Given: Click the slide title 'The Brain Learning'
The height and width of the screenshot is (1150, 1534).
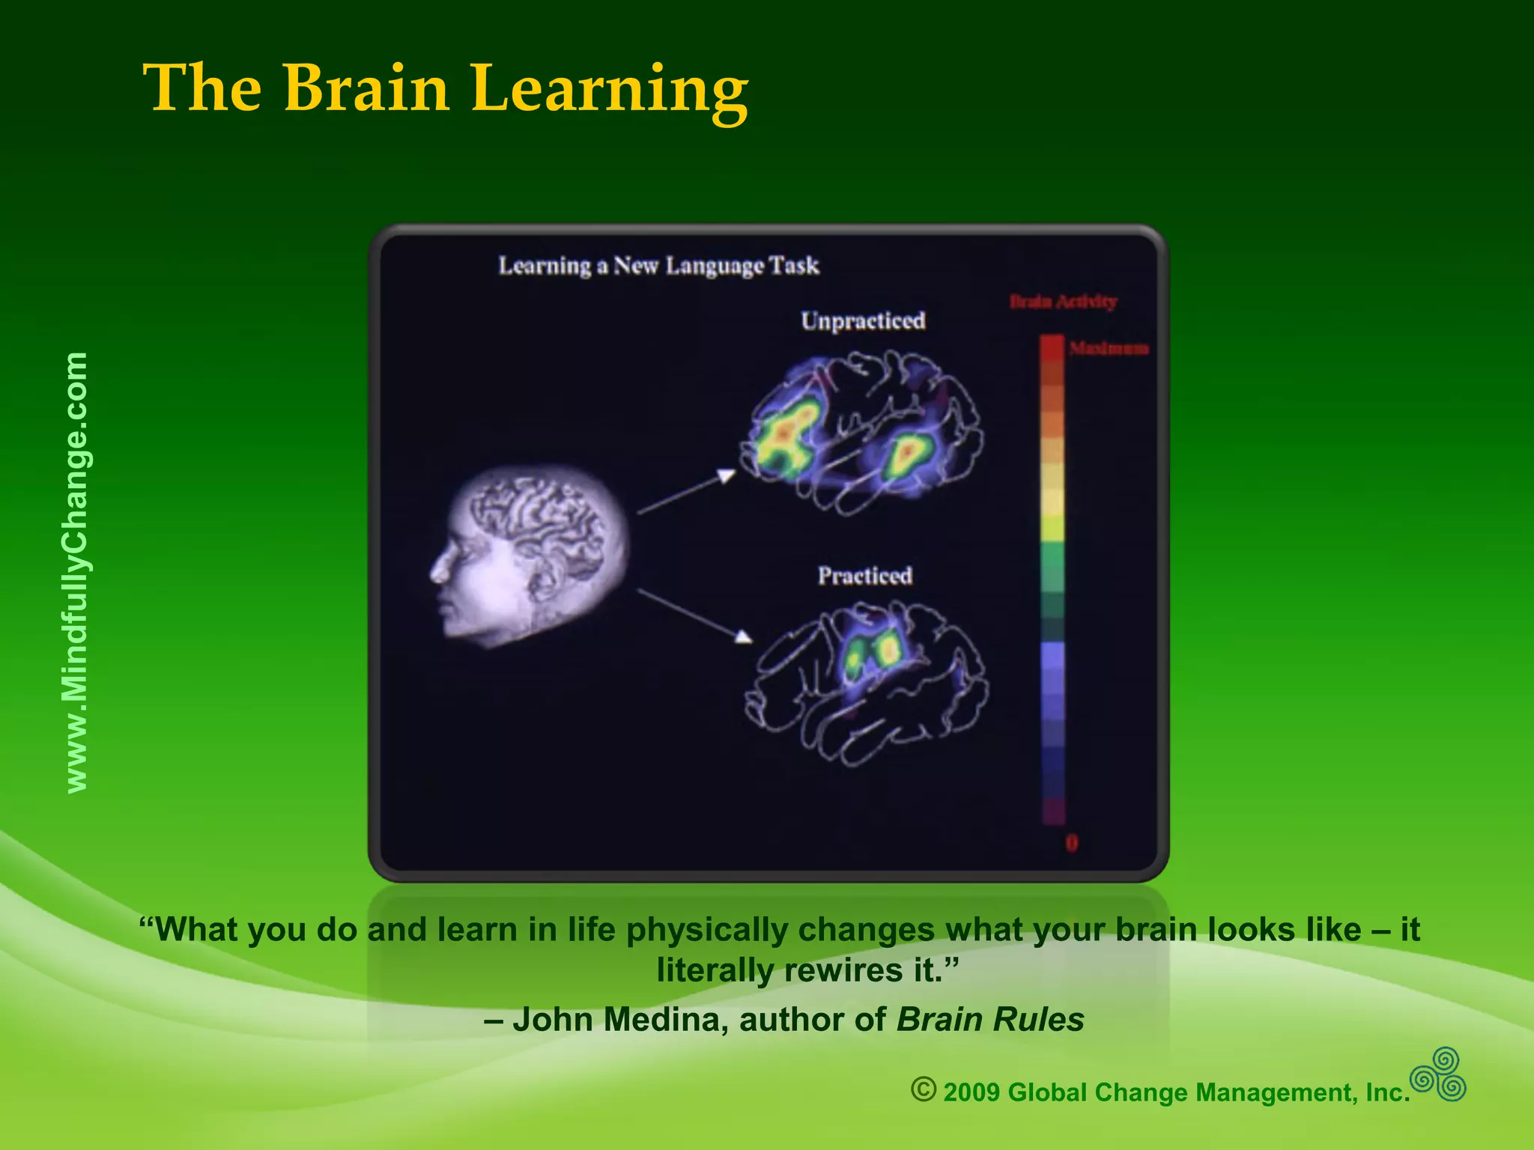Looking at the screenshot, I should [x=445, y=90].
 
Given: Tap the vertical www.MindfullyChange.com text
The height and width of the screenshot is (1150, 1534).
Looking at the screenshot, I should [x=76, y=573].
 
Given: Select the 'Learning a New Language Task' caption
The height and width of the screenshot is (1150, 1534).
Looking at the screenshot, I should [x=658, y=266].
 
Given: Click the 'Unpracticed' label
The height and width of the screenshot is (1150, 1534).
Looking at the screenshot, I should [x=863, y=321].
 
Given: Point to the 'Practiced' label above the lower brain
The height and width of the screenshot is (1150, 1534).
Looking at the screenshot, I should [x=864, y=576].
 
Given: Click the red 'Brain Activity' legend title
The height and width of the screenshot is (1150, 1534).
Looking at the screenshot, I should [x=1063, y=302].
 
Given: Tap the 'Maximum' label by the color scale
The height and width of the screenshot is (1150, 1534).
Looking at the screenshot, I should [x=1109, y=348].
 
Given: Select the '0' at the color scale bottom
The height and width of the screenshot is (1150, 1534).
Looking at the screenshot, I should [x=1072, y=844].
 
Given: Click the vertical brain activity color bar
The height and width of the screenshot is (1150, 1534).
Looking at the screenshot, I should [x=1052, y=580].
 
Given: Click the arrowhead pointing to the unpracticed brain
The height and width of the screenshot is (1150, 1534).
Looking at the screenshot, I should [x=726, y=475].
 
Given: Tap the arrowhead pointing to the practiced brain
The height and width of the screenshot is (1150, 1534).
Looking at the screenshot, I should [x=743, y=636].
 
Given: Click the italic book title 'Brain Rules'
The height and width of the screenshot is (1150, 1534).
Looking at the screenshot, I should [x=989, y=1020].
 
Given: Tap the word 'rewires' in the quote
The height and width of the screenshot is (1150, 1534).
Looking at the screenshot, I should [x=840, y=971].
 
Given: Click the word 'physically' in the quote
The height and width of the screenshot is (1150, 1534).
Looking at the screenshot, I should [x=707, y=930].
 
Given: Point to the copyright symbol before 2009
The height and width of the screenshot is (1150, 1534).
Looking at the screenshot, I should [x=924, y=1089].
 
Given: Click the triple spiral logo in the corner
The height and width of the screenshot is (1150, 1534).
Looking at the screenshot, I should [x=1438, y=1074].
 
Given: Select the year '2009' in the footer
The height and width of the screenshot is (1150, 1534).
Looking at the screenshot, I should [x=971, y=1092].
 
